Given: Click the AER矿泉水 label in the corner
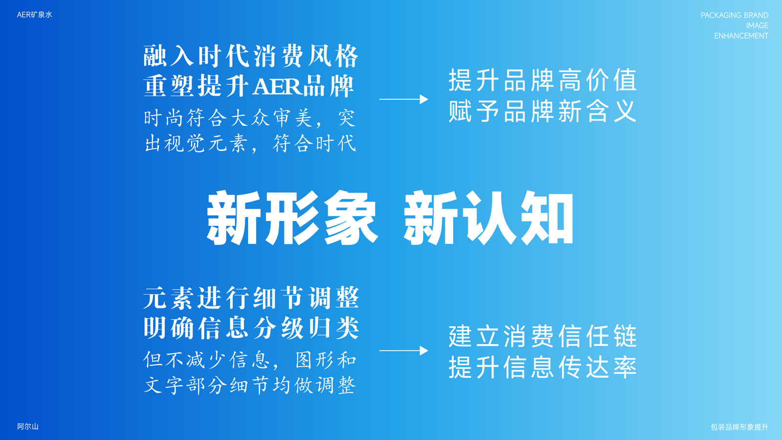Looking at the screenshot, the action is (x=35, y=15).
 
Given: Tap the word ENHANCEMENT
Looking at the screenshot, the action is (x=741, y=36).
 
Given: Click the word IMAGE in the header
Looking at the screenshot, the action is (x=757, y=25).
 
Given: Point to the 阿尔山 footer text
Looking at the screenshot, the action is (x=27, y=426).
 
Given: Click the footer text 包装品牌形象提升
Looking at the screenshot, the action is (x=739, y=427).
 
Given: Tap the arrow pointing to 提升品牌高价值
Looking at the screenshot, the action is (x=404, y=99).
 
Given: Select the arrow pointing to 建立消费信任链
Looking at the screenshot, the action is (x=404, y=350).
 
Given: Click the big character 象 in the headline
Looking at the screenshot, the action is (x=351, y=218).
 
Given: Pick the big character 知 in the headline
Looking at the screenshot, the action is (x=547, y=218).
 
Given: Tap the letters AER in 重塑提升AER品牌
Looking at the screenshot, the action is (x=277, y=87).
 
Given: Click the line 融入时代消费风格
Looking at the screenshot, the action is (x=251, y=56).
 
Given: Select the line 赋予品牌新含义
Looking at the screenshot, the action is (x=543, y=111).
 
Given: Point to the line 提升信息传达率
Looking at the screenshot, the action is (x=543, y=367).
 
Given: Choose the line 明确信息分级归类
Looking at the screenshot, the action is (x=251, y=328).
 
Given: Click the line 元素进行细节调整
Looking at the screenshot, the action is (x=251, y=298).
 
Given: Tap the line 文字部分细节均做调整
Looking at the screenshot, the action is (x=250, y=385).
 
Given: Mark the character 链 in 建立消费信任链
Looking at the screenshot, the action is (x=626, y=336).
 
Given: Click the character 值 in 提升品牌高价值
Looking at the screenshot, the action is (x=626, y=80).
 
